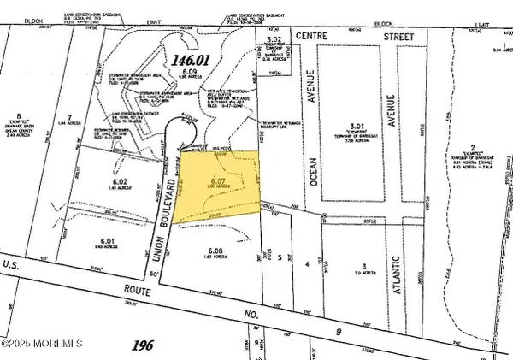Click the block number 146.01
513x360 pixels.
click(x=168, y=61)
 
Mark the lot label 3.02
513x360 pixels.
click(x=274, y=39)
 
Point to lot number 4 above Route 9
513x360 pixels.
click(x=307, y=265)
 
